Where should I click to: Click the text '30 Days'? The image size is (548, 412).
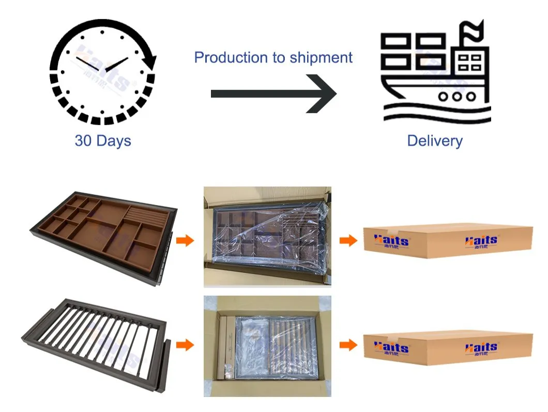coord(103,141)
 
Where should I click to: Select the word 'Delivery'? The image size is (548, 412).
coord(435,141)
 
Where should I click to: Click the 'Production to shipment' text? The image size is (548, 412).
coord(273,57)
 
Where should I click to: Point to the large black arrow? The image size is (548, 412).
coord(273,94)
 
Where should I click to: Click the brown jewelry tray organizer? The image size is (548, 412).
coord(104,236)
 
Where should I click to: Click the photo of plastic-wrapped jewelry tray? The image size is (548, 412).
coord(267,236)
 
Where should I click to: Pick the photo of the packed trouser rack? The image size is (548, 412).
coord(267,346)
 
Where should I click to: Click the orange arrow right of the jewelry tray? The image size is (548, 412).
coord(185,240)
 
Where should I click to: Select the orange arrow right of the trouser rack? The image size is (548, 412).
coord(185,345)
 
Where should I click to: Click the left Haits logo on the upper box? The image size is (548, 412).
coord(391,241)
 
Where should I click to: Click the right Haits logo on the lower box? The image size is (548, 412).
coord(481,347)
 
